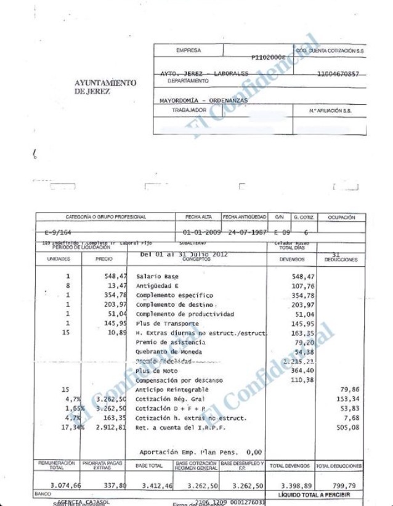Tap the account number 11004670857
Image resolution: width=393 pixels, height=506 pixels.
tap(338, 74)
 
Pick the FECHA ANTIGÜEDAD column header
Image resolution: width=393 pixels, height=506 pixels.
tap(244, 217)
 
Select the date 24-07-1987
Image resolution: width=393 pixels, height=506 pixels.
tap(244, 232)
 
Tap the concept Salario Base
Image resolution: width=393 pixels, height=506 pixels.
tap(157, 277)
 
